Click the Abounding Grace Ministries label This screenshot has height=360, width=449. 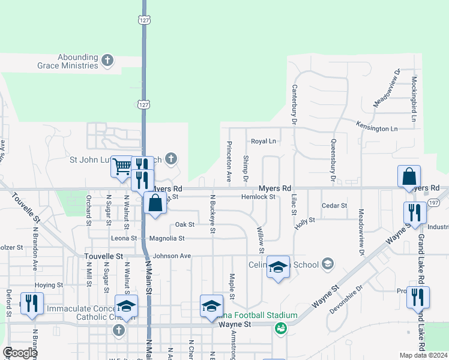tap(77, 61)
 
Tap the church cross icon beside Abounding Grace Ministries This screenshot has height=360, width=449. tap(107, 60)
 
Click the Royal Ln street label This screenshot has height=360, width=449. tap(263, 142)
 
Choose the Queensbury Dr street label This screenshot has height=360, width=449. tap(332, 160)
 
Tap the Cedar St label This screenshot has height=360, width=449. tap(334, 206)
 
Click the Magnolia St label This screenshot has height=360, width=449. tap(166, 238)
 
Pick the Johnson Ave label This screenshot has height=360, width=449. tap(172, 256)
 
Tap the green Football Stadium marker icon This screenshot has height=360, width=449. tap(280, 328)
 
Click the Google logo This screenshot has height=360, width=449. tap(20, 353)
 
